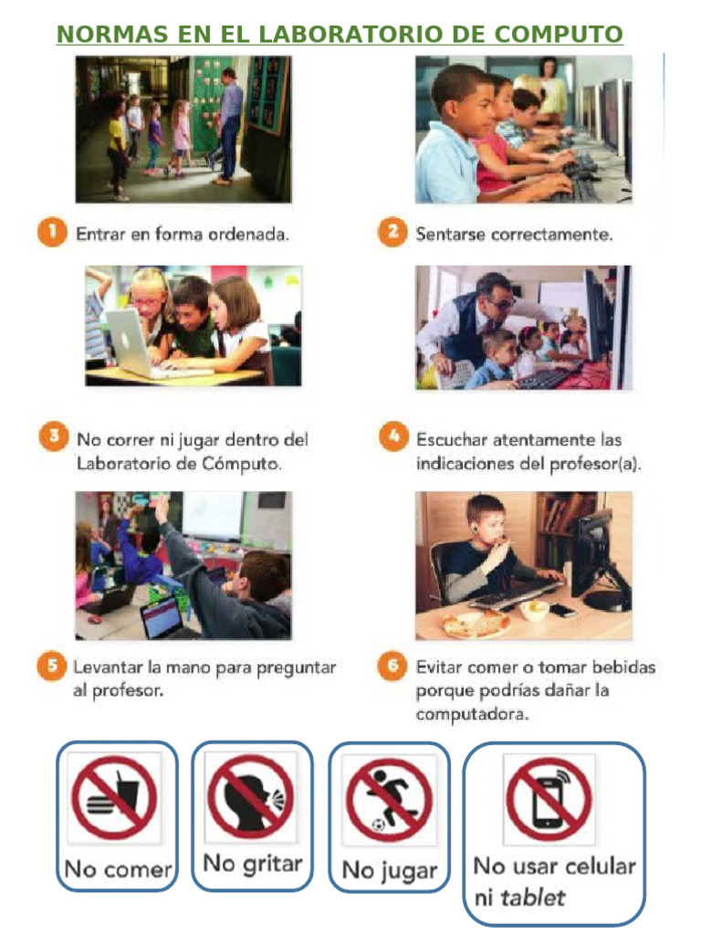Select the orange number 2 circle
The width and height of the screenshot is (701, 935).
click(x=392, y=234)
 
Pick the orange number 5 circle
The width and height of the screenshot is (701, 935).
click(x=51, y=667)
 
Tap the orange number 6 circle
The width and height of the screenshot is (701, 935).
click(x=392, y=667)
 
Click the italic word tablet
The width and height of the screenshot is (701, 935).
click(x=532, y=897)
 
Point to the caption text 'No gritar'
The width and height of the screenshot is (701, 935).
click(x=252, y=863)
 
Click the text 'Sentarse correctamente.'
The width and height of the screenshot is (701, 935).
click(x=514, y=235)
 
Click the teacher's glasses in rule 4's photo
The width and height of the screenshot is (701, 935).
click(x=500, y=300)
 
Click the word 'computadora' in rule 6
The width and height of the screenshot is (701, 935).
click(x=472, y=715)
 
